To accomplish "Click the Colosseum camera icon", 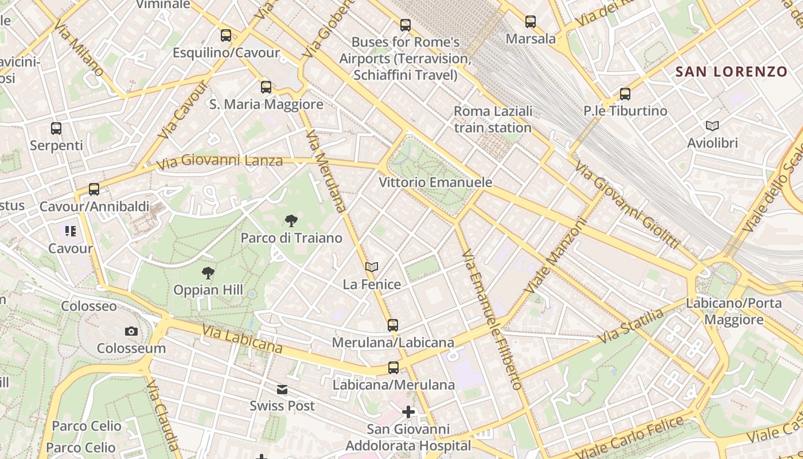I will (131, 331).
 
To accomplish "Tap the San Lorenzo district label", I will (731, 72).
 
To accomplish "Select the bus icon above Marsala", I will (531, 22).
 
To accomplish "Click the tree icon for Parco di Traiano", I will (291, 220).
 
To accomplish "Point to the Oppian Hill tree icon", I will (208, 273).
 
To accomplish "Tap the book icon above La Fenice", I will (372, 267).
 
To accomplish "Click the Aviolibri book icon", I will (712, 126).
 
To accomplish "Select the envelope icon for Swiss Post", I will (282, 390).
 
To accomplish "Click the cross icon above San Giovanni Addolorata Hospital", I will (408, 411).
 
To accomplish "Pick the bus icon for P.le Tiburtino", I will (625, 94).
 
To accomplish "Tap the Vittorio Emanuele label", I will (435, 182).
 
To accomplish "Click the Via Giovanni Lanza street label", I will (220, 161).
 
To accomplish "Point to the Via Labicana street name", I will (241, 339).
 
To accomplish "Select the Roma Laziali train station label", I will (493, 119).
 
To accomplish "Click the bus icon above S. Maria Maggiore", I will (266, 87).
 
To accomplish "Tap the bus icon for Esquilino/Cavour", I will (226, 35).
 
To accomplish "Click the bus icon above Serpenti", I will (56, 128).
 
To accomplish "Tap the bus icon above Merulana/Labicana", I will (393, 325).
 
